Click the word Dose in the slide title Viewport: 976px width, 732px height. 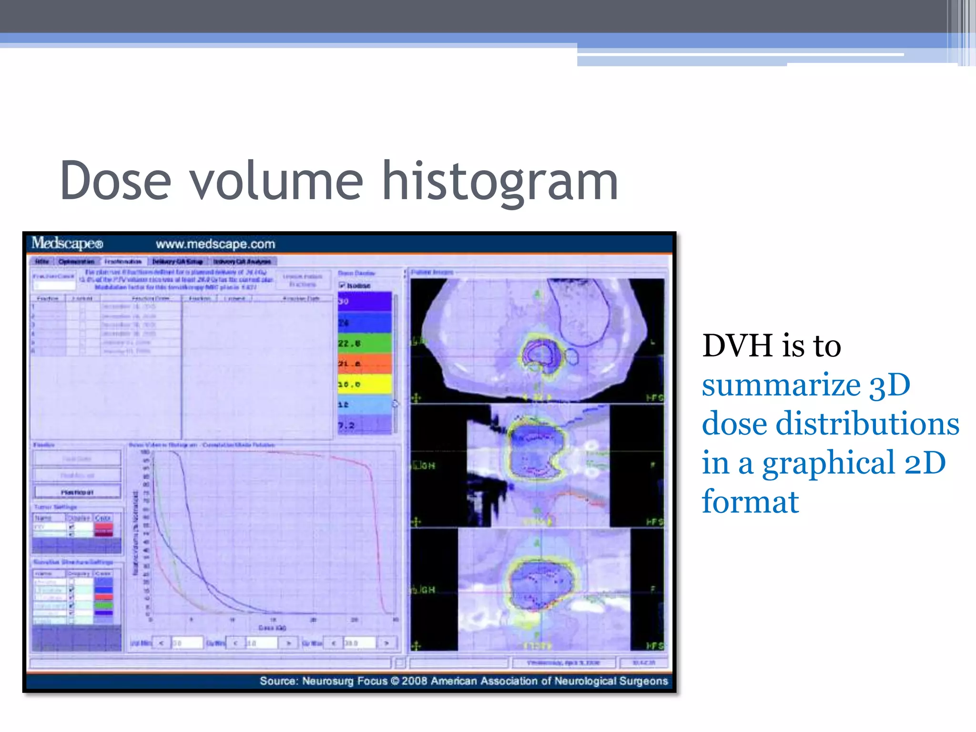tap(115, 182)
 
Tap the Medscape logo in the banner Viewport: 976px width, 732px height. tap(67, 244)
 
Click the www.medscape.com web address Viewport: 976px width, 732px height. tap(215, 244)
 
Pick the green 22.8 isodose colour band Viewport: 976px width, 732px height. tap(365, 343)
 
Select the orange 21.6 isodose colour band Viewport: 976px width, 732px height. tap(365, 364)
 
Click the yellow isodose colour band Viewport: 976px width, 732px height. tap(365, 384)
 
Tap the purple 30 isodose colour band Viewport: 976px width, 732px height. tap(365, 302)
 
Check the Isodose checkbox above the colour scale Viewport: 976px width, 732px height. tap(342, 285)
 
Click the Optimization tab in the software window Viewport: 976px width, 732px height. tap(76, 262)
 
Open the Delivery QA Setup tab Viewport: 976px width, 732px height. tap(177, 262)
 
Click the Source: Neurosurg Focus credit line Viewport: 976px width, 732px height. tap(463, 681)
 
